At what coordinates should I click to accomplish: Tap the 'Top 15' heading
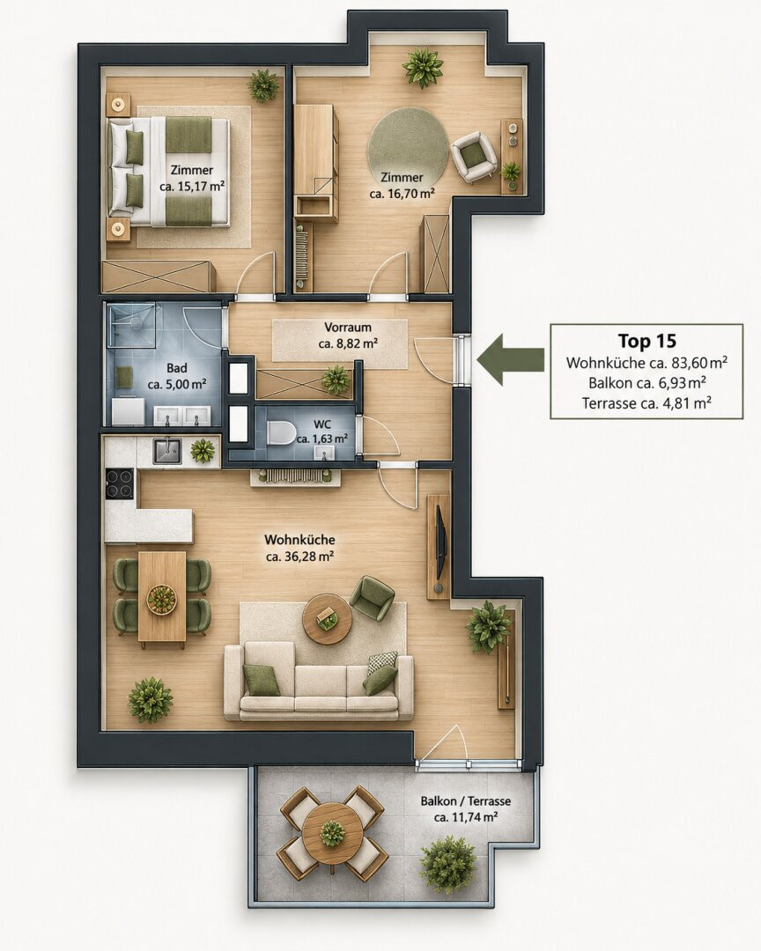coord(646,341)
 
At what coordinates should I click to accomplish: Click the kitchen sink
coord(166,451)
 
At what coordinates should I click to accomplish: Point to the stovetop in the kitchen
coord(120,483)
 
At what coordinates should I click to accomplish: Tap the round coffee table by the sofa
coord(328,619)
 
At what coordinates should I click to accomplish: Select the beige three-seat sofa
coord(319,682)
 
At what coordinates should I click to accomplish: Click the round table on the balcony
coord(332,833)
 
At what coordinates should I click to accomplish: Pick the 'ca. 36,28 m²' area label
coord(299,557)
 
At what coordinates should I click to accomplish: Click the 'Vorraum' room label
coord(348,328)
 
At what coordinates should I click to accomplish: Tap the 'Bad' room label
coord(176,368)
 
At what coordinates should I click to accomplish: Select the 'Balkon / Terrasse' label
coord(465,801)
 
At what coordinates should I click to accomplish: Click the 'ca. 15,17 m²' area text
coord(192,186)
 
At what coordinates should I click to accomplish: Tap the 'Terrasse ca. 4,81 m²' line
coord(646,402)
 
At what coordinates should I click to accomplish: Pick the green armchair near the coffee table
coord(372,598)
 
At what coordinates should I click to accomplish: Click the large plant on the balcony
coord(447,865)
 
